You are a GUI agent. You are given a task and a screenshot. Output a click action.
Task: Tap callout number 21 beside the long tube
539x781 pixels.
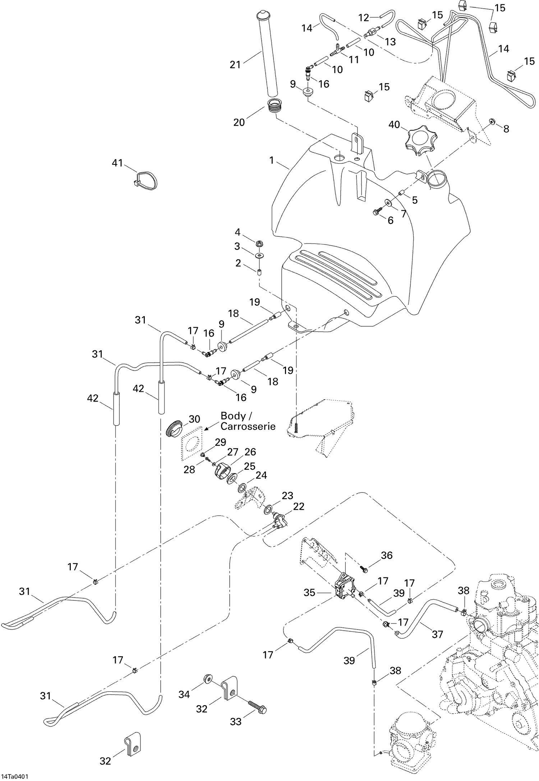(235, 65)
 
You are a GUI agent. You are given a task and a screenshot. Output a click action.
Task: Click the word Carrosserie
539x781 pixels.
(248, 426)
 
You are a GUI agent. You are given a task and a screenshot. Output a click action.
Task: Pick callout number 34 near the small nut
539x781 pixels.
(184, 694)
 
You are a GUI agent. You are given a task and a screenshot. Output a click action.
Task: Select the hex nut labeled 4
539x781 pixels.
(260, 244)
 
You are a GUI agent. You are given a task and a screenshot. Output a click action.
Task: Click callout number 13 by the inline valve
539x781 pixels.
(390, 42)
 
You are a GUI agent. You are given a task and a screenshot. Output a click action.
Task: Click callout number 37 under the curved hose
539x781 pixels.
(437, 634)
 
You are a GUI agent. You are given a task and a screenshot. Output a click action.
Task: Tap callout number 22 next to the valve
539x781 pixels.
(299, 506)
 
